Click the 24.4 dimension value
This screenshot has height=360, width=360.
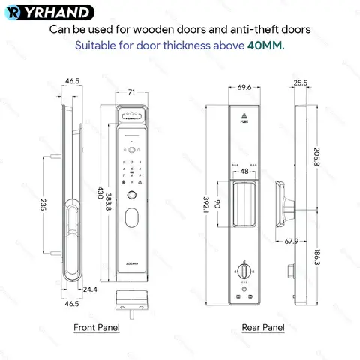pyautogui.click(x=89, y=289)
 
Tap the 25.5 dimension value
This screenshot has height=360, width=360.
pyautogui.click(x=301, y=83)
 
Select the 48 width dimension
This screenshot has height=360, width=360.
pyautogui.click(x=244, y=172)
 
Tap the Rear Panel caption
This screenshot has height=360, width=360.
pyautogui.click(x=262, y=327)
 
